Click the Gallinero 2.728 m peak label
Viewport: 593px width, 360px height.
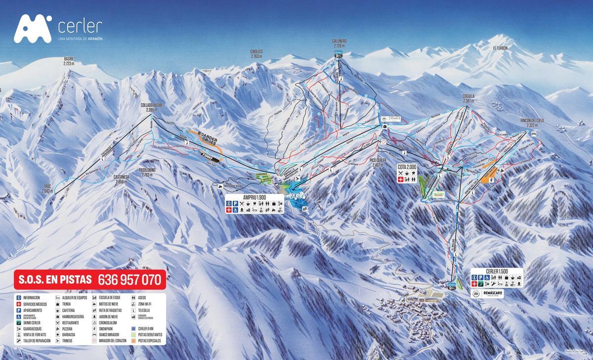pyautogui.click(x=339, y=43)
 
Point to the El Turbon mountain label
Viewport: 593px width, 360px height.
pyautogui.click(x=500, y=48)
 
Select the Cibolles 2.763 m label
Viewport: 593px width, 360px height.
pyautogui.click(x=256, y=54)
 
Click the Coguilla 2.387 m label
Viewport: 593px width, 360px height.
pyautogui.click(x=466, y=99)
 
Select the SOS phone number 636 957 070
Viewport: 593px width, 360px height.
pyautogui.click(x=130, y=280)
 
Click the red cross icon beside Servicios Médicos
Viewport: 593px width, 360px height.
pyautogui.click(x=19, y=304)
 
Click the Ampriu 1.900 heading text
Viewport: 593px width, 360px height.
pyautogui.click(x=255, y=197)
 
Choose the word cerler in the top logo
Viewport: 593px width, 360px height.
pyautogui.click(x=80, y=26)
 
